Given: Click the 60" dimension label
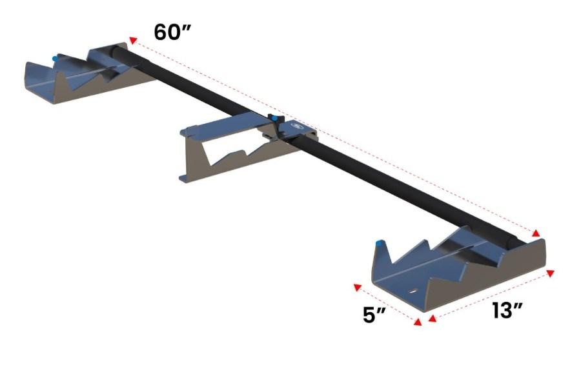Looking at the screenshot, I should (174, 32).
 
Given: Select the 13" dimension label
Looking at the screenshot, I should (507, 310).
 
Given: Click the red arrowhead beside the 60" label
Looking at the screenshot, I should (133, 41).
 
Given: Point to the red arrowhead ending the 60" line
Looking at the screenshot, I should (536, 233).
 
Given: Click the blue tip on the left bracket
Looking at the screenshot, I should (56, 58).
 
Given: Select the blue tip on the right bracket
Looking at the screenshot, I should (380, 243).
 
